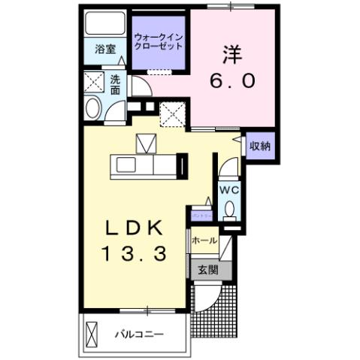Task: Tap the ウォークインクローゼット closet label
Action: (x=159, y=41)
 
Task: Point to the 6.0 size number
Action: (x=230, y=82)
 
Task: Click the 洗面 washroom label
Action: (x=116, y=83)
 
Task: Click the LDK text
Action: (x=134, y=228)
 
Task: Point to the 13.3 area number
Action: (x=134, y=255)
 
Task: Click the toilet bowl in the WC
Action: (x=230, y=208)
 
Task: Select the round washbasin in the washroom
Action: (x=93, y=109)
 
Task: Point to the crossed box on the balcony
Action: (x=92, y=332)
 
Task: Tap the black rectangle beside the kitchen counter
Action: (x=182, y=164)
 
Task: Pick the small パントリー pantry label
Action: (x=201, y=216)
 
